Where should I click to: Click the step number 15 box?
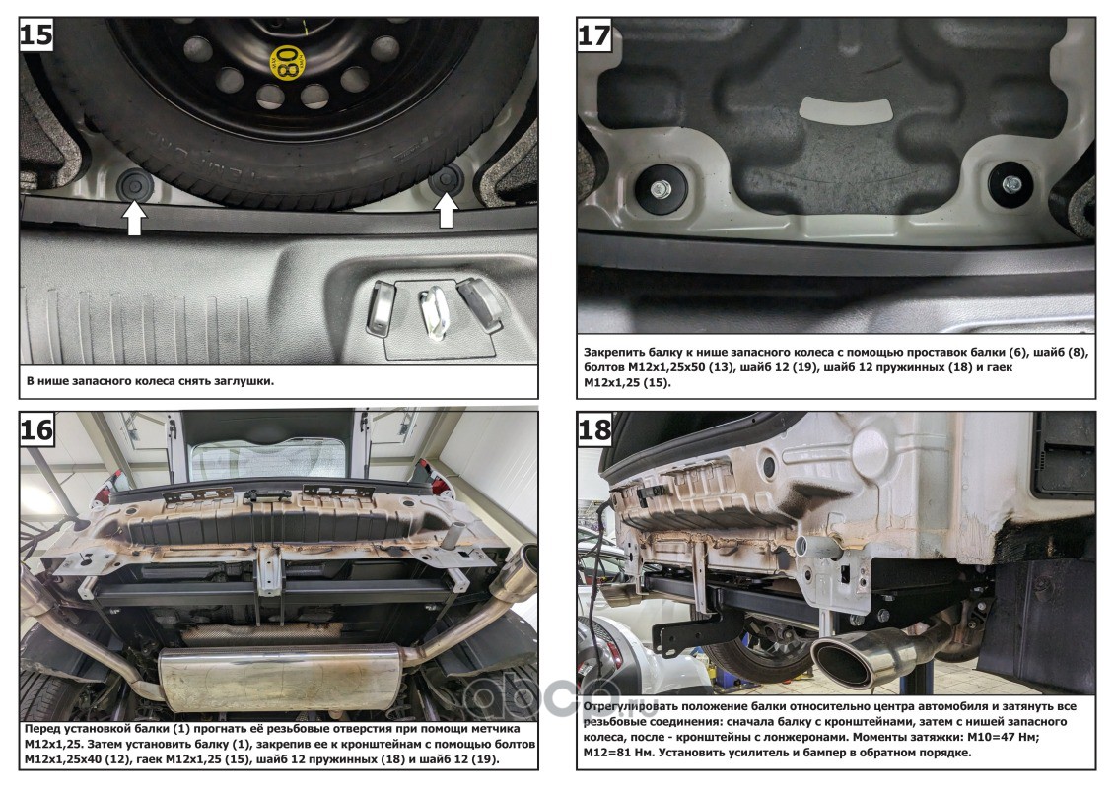click(37, 36)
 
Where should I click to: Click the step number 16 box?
click(37, 430)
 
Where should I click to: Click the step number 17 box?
click(595, 36)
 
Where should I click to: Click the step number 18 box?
click(595, 430)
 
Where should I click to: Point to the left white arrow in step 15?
click(133, 217)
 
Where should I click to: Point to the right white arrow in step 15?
click(447, 209)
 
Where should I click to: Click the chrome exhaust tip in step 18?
click(849, 657)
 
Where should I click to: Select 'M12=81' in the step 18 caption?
click(616, 753)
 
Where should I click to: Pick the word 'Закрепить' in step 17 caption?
click(618, 351)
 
